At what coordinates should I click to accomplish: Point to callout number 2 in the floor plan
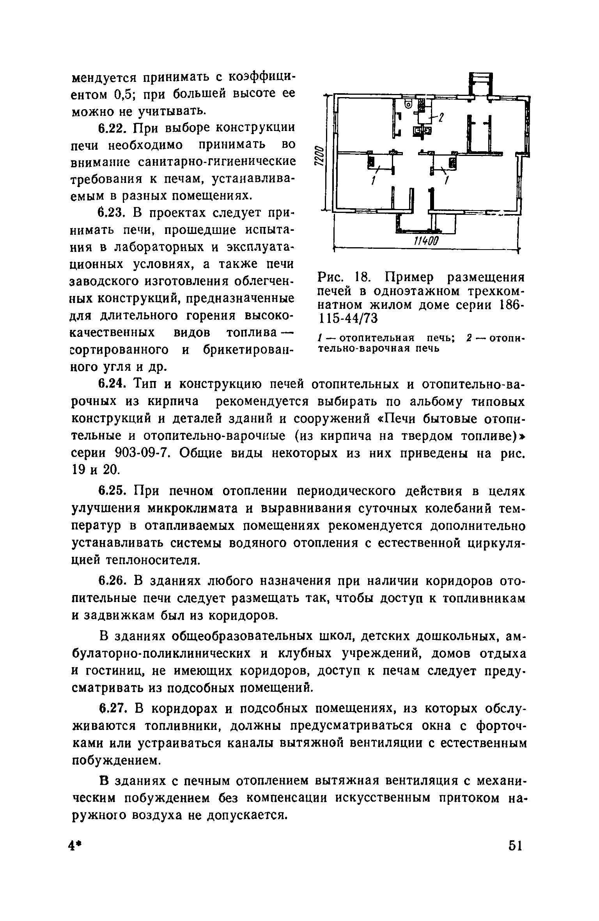coord(441,117)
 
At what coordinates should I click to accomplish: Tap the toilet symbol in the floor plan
coord(408,104)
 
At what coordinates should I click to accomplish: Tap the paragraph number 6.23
coord(110,214)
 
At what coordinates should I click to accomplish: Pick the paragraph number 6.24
coord(110,384)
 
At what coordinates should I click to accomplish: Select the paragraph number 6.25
coord(110,491)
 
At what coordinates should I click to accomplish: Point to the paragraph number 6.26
coord(110,581)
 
